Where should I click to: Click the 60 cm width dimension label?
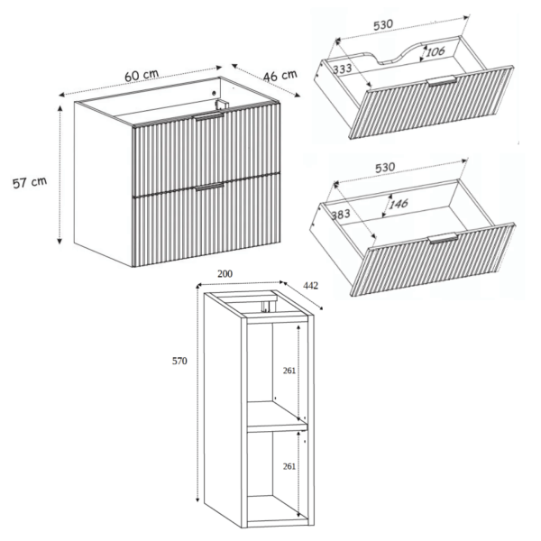point(142,75)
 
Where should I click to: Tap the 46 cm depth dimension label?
point(280,76)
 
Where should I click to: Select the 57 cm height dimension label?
point(30,182)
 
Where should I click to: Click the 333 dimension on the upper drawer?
point(343,69)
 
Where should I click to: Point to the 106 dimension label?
point(436,52)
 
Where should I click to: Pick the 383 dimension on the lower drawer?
point(341,215)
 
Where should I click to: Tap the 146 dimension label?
point(399,204)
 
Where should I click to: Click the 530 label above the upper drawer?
point(383,25)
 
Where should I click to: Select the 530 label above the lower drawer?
point(385,168)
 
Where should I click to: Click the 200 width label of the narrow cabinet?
point(225,274)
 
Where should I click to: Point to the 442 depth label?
point(310,286)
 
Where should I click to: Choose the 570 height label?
point(179,361)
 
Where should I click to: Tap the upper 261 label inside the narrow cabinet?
point(289,371)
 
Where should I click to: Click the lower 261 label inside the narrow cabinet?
point(289,466)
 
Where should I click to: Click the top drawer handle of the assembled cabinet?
point(209,116)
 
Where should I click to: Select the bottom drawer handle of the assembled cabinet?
point(210,187)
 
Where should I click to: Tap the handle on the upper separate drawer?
point(442,81)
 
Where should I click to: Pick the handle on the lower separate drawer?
point(443,238)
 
